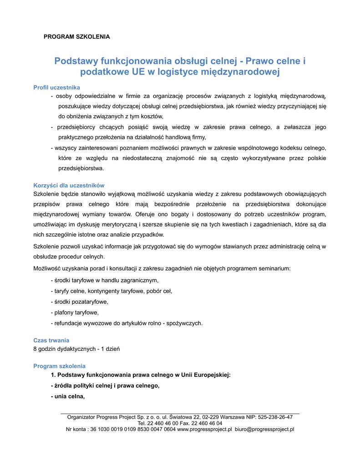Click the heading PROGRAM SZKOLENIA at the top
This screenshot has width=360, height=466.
pyautogui.click(x=76, y=36)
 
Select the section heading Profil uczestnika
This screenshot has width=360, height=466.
pyautogui.click(x=57, y=87)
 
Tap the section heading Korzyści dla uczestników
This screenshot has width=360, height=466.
pyautogui.click(x=69, y=185)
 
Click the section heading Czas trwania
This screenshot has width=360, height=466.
pyautogui.click(x=51, y=340)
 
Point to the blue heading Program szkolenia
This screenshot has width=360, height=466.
pyautogui.click(x=59, y=366)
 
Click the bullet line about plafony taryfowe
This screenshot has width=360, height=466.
pyautogui.click(x=76, y=313)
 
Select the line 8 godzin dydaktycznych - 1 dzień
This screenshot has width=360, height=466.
pyautogui.click(x=76, y=349)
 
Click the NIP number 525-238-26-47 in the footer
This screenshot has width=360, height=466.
pyautogui.click(x=275, y=417)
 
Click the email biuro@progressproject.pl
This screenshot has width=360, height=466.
pyautogui.click(x=264, y=429)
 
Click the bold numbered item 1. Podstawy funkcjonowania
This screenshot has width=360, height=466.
pyautogui.click(x=141, y=375)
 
